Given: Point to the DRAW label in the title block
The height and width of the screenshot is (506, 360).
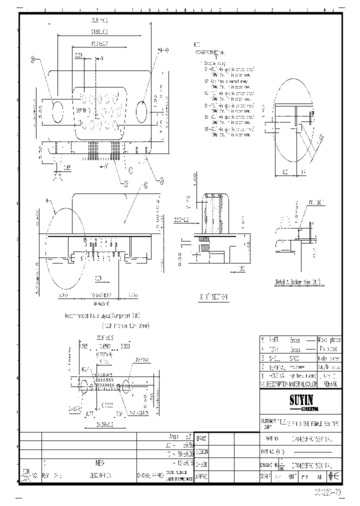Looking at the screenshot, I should (201, 438).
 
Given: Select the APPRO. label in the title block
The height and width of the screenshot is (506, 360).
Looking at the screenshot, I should (201, 476).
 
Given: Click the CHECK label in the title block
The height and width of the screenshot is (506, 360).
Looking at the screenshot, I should (201, 464).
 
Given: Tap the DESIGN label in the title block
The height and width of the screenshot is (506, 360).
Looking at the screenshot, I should (201, 451).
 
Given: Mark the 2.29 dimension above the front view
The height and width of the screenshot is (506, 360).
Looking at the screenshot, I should (78, 56).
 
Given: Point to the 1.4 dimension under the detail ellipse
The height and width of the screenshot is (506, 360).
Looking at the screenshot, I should (302, 171).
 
